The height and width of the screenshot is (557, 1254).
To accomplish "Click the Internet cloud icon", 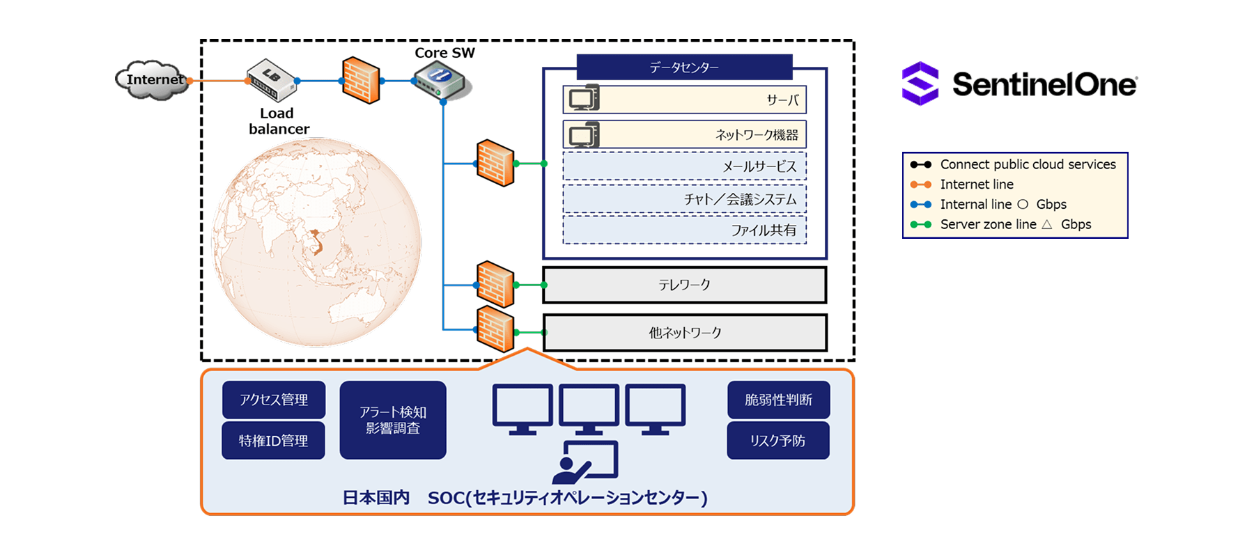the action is (x=152, y=80).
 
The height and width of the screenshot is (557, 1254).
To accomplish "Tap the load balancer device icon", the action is (x=272, y=80).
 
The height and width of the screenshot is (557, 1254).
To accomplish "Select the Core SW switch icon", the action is (x=442, y=81).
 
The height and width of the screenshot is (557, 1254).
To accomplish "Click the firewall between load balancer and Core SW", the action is (x=361, y=80).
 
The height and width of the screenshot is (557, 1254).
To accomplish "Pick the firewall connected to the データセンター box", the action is (x=495, y=164).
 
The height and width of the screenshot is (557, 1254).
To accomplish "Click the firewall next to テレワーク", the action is (x=495, y=284).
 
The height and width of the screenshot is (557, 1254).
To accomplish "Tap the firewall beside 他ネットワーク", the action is (x=495, y=329).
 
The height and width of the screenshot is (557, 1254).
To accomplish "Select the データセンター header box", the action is (x=685, y=68).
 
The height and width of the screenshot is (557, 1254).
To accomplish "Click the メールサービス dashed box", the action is (x=685, y=166).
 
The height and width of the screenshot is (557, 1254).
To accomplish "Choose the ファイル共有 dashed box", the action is (x=685, y=230).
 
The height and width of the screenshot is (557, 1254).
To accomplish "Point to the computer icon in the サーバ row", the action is (x=584, y=98).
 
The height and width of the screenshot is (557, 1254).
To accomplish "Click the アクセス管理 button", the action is (x=274, y=400).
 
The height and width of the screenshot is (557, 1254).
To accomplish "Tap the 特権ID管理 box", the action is (x=274, y=440).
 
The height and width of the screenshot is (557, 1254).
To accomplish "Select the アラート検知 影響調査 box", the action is (x=393, y=420).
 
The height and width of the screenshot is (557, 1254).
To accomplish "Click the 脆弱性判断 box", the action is (x=779, y=400).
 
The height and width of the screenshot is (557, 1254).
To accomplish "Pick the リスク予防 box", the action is (x=779, y=440).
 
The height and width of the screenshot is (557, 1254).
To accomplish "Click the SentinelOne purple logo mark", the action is (x=920, y=84).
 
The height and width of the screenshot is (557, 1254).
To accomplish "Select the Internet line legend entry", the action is (x=962, y=185).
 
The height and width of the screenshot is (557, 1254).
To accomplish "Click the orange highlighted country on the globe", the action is (x=316, y=242).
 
